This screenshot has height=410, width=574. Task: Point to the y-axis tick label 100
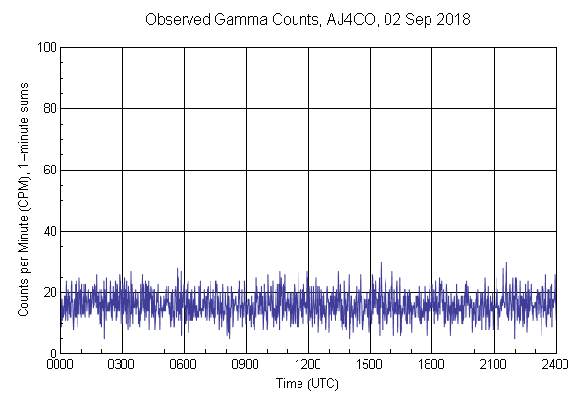tap(46, 47)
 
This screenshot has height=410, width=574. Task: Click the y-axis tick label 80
tap(49, 108)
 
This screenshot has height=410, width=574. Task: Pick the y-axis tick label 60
tap(49, 170)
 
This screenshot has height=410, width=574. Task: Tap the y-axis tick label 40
tap(49, 231)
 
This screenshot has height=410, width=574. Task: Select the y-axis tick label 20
tap(49, 292)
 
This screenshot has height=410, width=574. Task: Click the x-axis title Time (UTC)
tap(307, 383)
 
